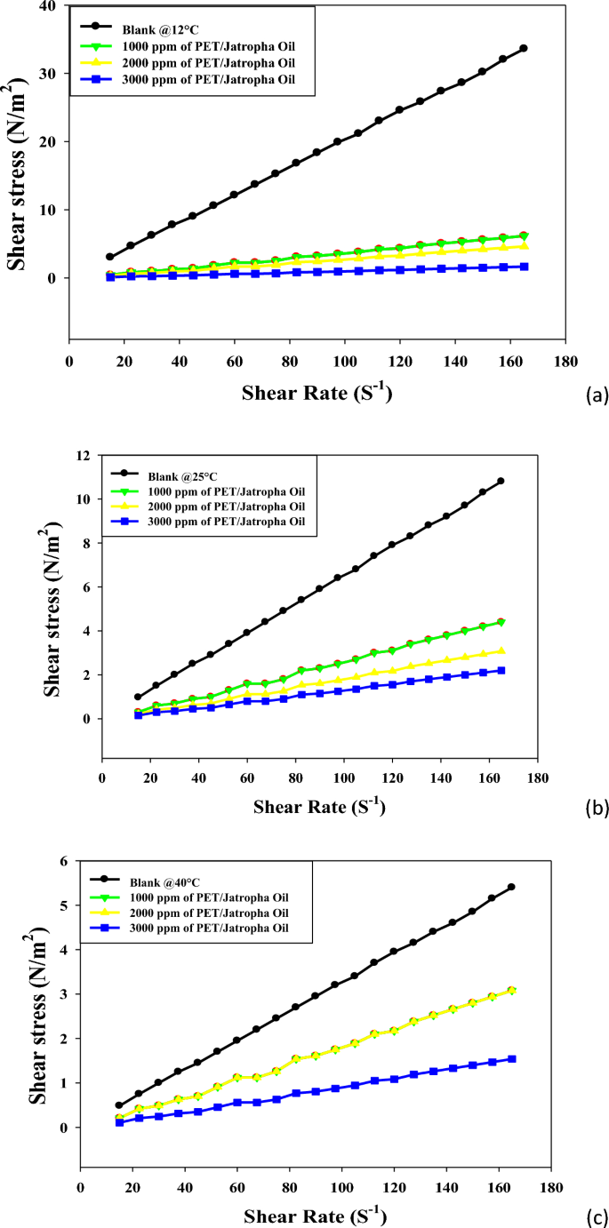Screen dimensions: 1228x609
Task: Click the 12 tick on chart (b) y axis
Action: point(85,455)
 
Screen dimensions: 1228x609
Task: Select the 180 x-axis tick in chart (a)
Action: point(565,361)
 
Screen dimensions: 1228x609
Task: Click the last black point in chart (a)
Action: point(524,48)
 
